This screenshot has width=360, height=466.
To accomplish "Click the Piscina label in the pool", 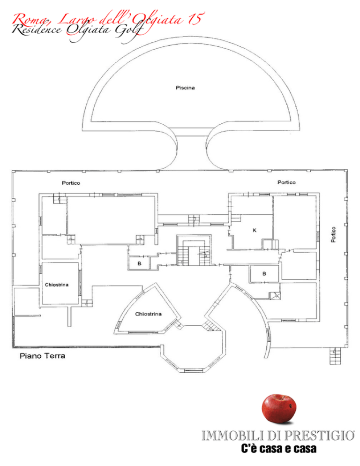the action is [185, 88].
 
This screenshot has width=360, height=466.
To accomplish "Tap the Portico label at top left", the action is [71, 183].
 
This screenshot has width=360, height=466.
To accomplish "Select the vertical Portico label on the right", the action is [334, 234].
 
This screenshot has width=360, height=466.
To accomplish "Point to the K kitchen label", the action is [255, 230].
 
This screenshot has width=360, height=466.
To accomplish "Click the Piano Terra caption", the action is [43, 356].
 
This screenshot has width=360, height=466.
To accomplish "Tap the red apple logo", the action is [279, 409].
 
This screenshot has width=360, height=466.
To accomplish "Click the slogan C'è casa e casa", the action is [278, 449].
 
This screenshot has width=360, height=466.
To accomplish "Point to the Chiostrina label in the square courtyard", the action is [56, 285].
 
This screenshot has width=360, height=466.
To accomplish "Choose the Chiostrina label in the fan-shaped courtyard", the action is [148, 314].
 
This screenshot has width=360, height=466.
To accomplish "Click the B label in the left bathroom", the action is [139, 263].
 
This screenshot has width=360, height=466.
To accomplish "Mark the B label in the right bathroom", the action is [264, 274].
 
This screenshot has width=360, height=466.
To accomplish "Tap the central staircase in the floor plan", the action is [194, 250].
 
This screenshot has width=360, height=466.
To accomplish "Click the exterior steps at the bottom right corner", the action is [335, 356].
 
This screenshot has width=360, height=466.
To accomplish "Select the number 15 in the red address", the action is [195, 19].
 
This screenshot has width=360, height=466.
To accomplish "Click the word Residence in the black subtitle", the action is [37, 30].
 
